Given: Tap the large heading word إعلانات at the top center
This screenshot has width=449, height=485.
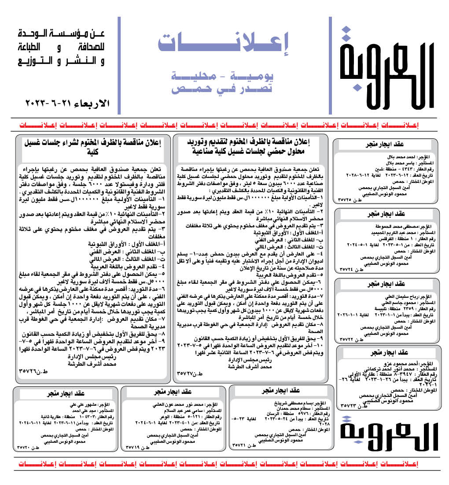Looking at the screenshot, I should (x=224, y=42).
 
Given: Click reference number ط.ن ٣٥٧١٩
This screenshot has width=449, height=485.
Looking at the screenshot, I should (x=138, y=447).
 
